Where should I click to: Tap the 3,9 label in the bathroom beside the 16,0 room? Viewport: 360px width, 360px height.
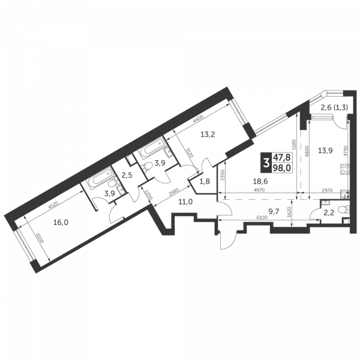tap(110, 194)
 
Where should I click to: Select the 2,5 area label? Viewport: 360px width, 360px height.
tap(127, 175)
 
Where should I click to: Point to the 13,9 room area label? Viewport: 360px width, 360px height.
tap(325, 151)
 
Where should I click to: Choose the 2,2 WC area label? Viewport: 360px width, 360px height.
tap(329, 211)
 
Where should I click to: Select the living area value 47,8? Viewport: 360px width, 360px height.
tap(280, 157)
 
